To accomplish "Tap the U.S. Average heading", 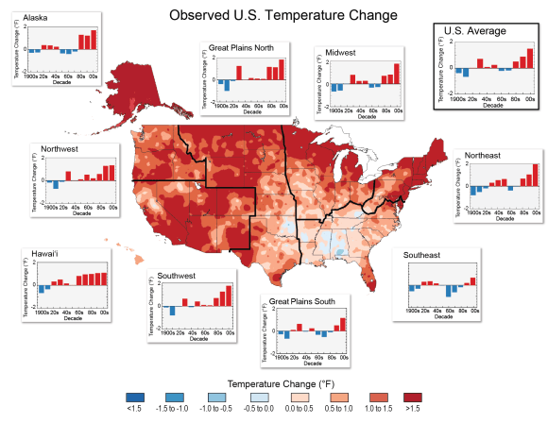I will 474,31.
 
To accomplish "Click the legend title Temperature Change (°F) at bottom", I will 273,385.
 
